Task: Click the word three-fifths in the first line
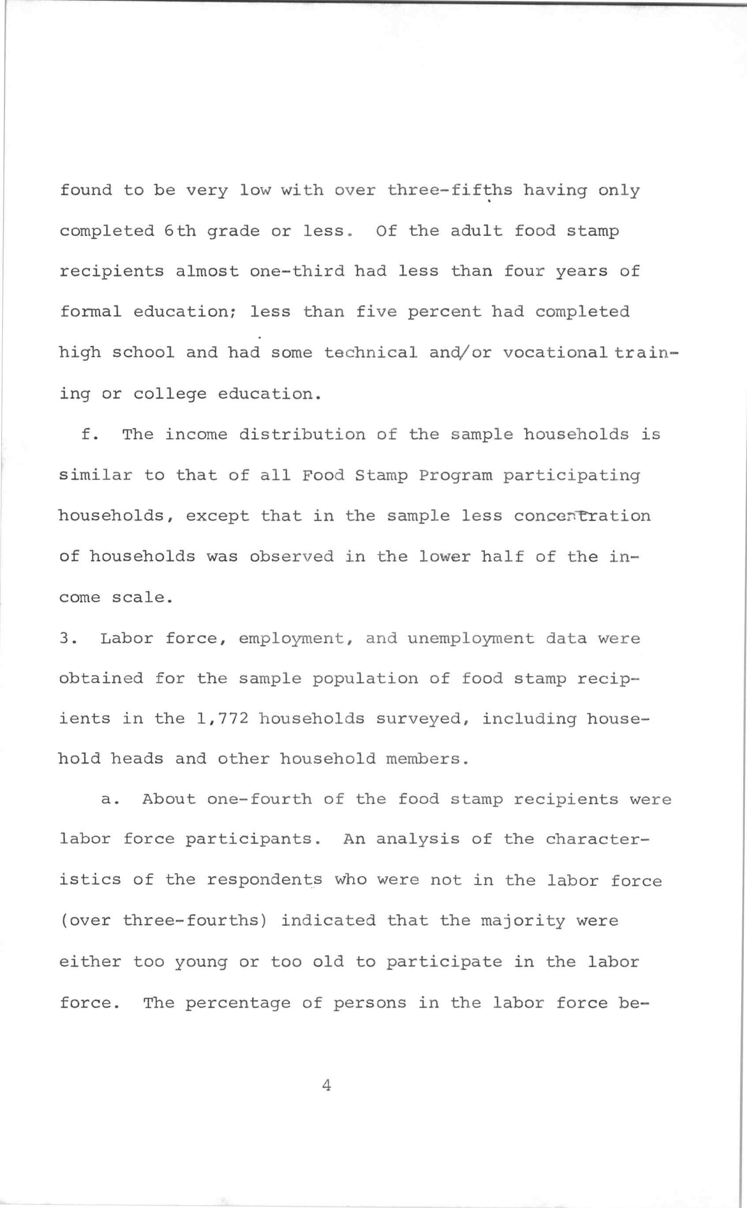450,190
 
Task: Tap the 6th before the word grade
180,231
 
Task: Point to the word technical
370,353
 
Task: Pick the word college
170,394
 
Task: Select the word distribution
302,435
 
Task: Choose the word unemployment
471,639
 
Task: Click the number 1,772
222,718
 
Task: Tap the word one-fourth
259,800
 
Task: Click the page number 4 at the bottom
326,1085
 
